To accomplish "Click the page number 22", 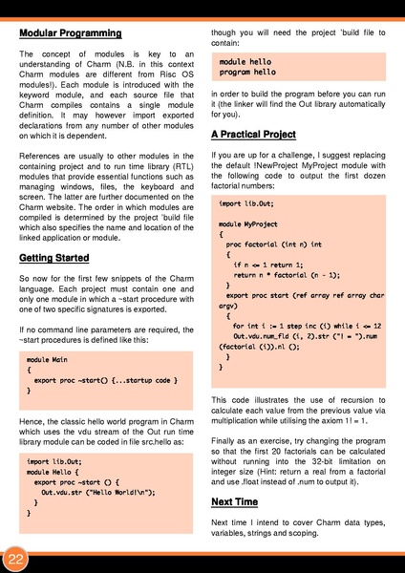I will coord(16,558).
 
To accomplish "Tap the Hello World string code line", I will coord(90,492).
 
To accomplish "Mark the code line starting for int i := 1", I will coord(300,326).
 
